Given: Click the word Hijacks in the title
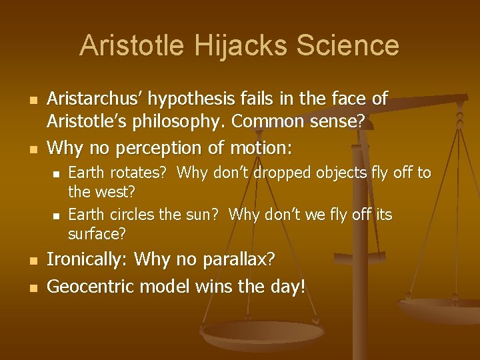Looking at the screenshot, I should pyautogui.click(x=237, y=45).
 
